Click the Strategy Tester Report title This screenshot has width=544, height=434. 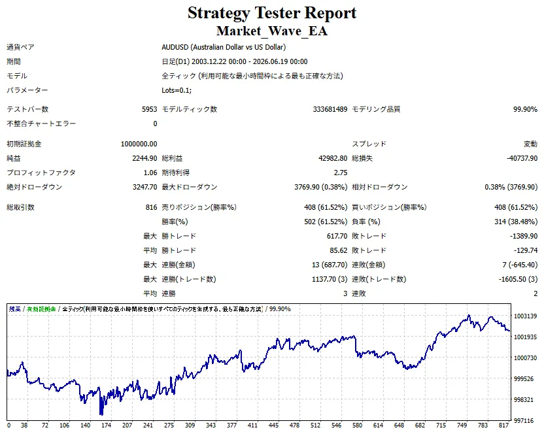click(x=272, y=13)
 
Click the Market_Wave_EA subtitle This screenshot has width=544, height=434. click(x=272, y=31)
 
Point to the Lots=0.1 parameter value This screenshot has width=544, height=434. click(x=177, y=90)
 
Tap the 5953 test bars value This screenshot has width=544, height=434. click(x=150, y=109)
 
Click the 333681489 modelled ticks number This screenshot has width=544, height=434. click(x=330, y=109)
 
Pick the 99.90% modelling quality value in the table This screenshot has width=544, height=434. click(x=525, y=109)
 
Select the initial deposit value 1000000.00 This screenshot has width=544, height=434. click(x=139, y=144)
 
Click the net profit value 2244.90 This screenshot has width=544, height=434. click(x=144, y=158)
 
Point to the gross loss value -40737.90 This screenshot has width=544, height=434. click(x=522, y=158)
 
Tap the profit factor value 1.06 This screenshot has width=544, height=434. click(x=150, y=173)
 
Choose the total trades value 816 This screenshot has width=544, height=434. click(x=151, y=207)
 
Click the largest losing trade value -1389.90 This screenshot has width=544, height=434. click(x=524, y=236)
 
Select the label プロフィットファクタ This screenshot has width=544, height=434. click(x=41, y=173)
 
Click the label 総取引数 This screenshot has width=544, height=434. click(x=20, y=207)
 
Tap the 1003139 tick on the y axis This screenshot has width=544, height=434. click(x=525, y=316)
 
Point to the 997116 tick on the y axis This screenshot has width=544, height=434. click(x=524, y=421)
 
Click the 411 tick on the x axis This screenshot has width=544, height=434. click(x=252, y=426)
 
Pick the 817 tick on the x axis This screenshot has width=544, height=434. click(x=503, y=426)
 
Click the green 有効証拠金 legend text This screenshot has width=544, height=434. click(x=41, y=309)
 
